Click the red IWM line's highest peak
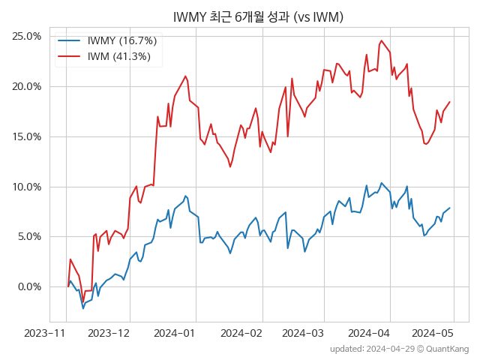tap(382, 40)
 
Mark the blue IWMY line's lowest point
tap(83, 308)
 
